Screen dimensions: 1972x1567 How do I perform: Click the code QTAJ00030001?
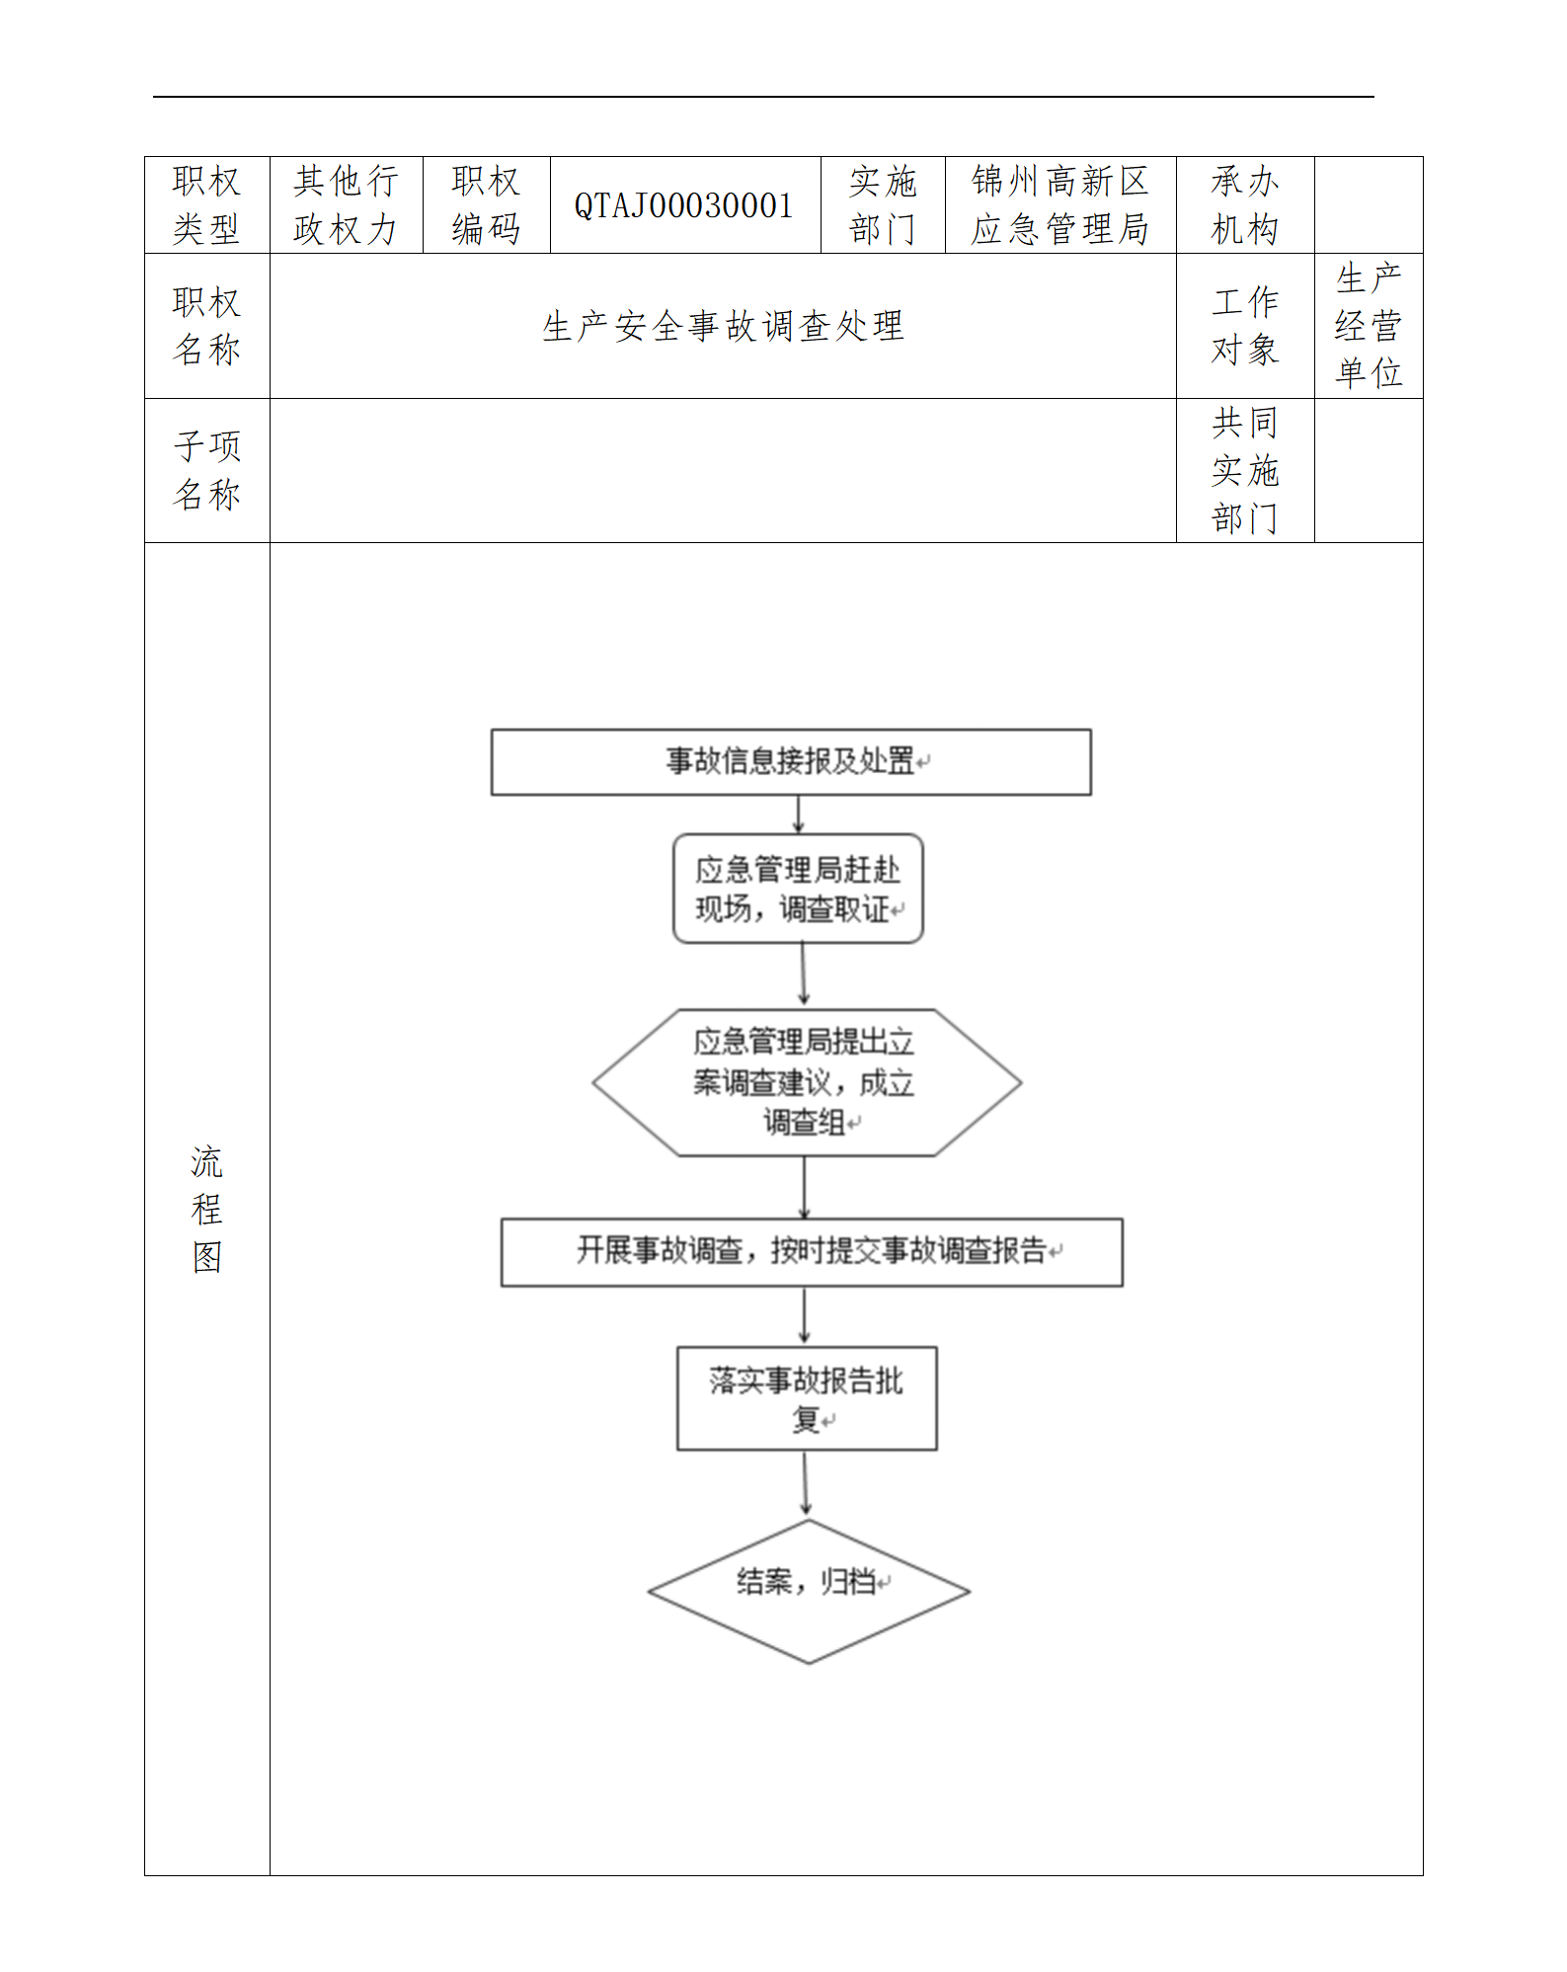(684, 205)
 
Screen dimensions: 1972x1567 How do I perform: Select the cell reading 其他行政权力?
(346, 205)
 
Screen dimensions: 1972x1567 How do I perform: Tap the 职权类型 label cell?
(206, 205)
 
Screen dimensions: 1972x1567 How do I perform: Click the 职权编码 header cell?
(486, 205)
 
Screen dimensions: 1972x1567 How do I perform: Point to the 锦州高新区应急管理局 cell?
(1059, 205)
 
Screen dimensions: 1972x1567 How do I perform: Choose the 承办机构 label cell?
(1244, 205)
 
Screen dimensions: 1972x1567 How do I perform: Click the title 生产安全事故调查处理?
(723, 326)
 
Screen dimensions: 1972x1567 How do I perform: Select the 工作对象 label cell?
(1244, 326)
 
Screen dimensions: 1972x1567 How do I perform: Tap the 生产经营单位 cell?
(1368, 326)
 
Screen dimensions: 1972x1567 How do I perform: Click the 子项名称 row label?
(206, 470)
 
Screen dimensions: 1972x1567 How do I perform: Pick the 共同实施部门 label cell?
(1244, 470)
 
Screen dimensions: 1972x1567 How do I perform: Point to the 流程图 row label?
(206, 1209)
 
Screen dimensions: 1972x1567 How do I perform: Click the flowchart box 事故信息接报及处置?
(791, 761)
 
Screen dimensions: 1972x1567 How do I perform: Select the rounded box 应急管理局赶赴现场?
(798, 889)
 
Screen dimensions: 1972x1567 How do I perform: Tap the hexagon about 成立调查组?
(806, 1082)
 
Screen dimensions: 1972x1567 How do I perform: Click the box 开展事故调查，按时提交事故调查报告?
(812, 1251)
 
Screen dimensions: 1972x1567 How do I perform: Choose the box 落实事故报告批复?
(806, 1398)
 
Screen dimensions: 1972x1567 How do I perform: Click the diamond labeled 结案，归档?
(809, 1591)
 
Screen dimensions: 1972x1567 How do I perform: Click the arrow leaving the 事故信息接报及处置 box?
(798, 815)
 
